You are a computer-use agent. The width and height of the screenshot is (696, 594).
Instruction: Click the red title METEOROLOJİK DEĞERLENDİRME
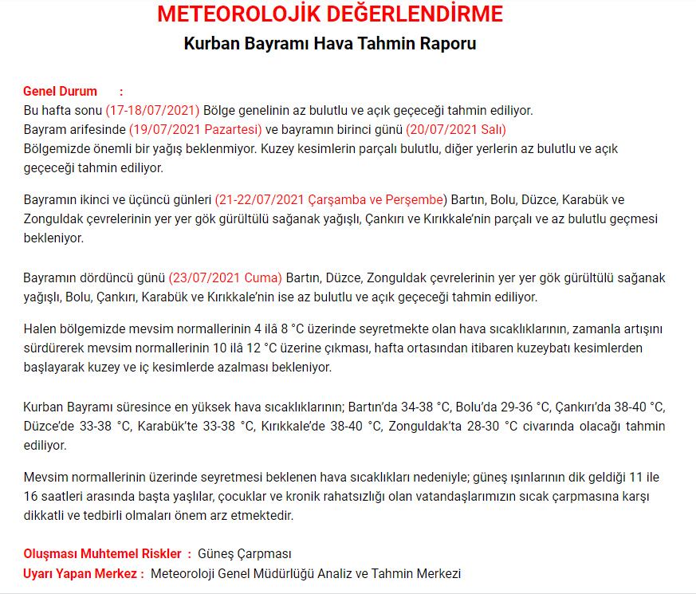pos(330,14)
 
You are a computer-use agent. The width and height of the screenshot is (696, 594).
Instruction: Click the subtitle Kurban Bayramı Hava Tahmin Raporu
pos(330,43)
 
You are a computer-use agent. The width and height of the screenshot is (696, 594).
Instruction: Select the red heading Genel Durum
pos(60,91)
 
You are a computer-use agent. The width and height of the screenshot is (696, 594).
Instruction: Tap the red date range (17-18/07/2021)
pos(152,110)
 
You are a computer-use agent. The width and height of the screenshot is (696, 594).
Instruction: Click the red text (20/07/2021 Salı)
pos(456,129)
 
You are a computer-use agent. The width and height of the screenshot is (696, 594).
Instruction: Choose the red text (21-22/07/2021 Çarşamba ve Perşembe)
pos(332,199)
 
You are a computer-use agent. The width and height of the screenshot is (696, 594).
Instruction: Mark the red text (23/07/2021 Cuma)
pos(225,277)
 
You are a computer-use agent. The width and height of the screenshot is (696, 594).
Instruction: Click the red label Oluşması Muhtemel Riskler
pos(104,553)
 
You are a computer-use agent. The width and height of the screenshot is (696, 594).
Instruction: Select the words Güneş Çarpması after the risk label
pos(245,553)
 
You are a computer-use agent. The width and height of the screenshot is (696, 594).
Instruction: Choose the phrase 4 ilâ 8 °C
pos(284,328)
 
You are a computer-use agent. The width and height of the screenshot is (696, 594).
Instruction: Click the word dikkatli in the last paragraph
pos(45,515)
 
